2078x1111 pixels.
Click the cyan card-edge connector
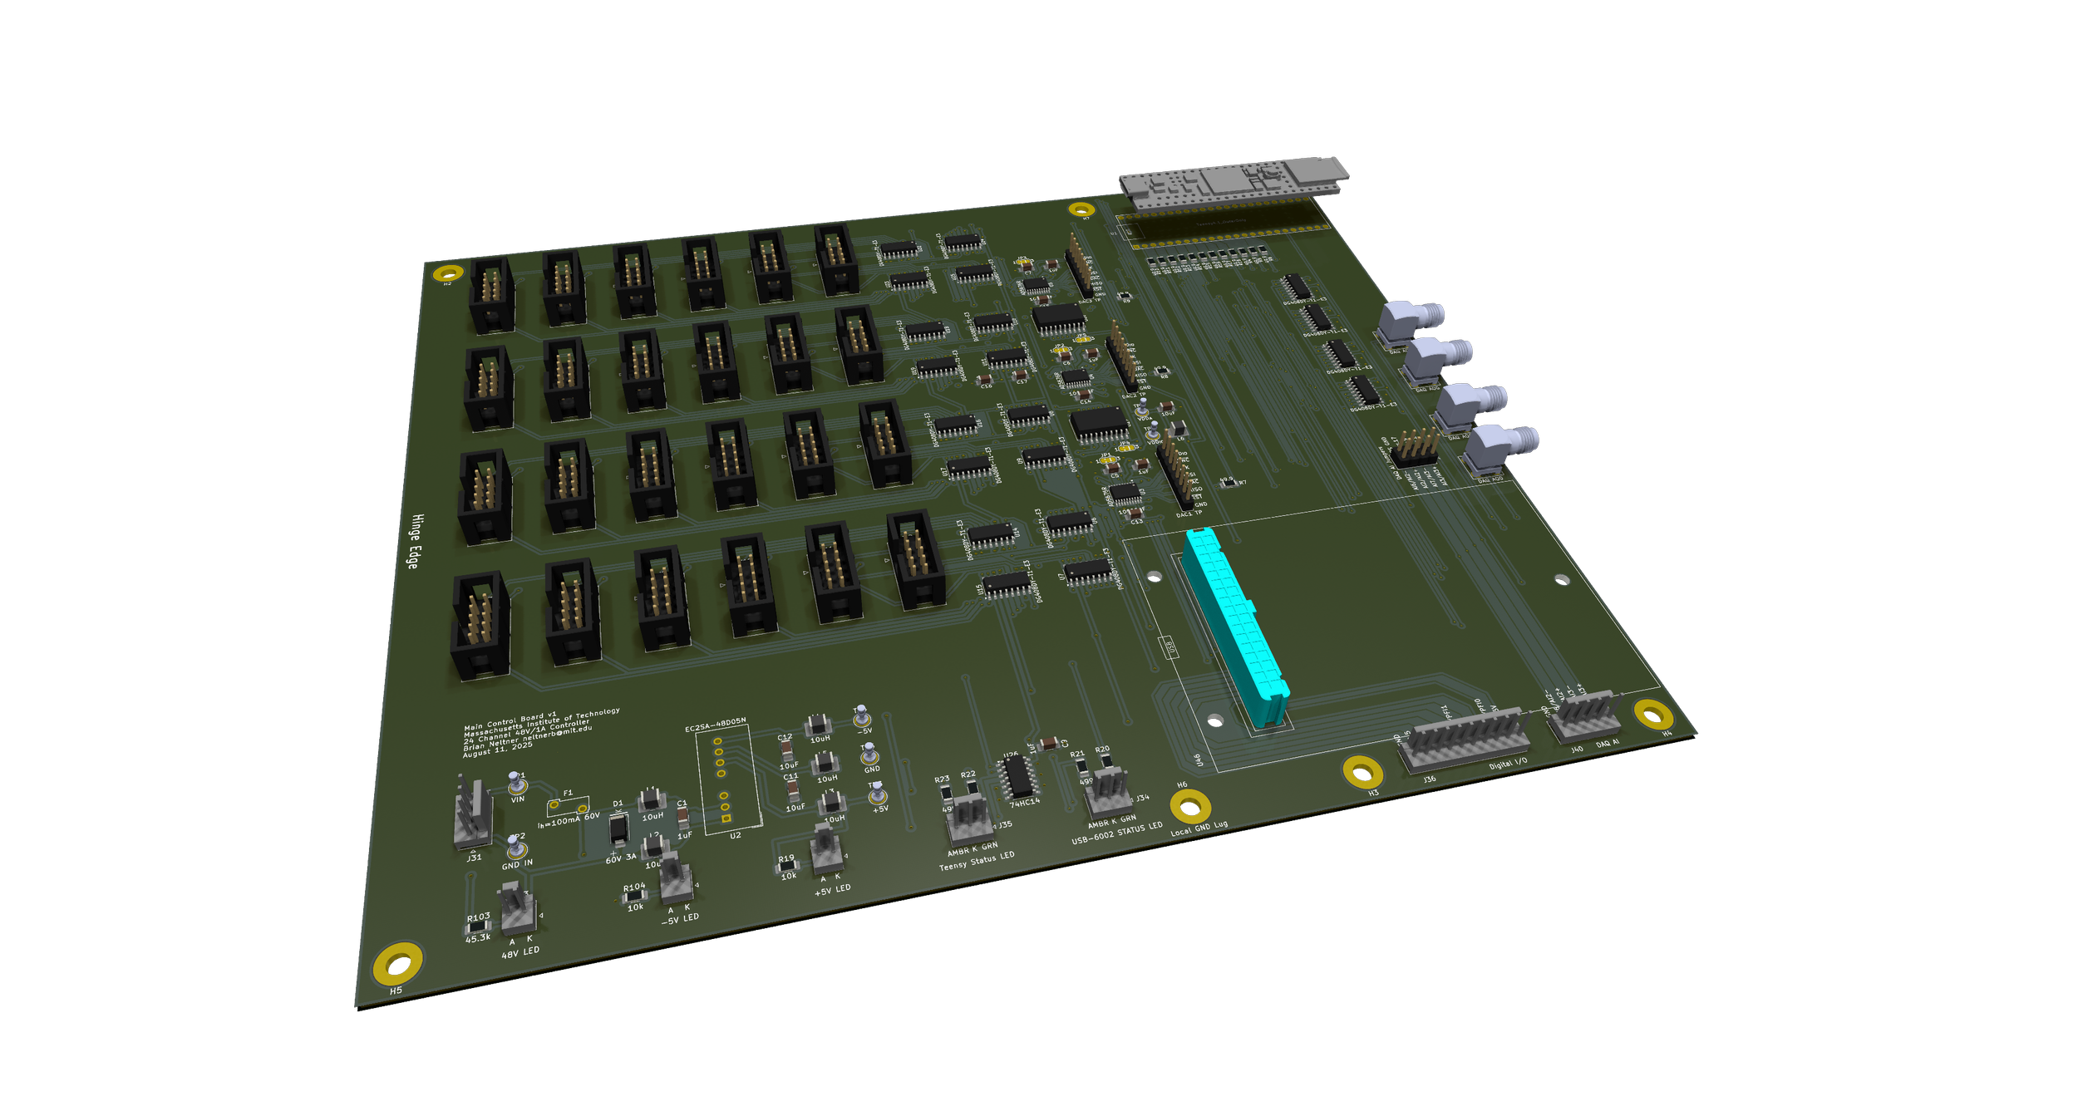(x=1234, y=627)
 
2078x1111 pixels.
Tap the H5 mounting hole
(x=398, y=962)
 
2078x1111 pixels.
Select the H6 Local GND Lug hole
(x=1190, y=805)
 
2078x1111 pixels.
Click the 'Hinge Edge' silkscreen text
(x=415, y=541)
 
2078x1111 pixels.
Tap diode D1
(x=618, y=828)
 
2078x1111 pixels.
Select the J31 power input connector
(x=473, y=815)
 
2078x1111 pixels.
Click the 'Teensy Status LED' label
(x=977, y=861)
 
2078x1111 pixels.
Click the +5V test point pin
(x=877, y=794)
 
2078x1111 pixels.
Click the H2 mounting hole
(x=448, y=273)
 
